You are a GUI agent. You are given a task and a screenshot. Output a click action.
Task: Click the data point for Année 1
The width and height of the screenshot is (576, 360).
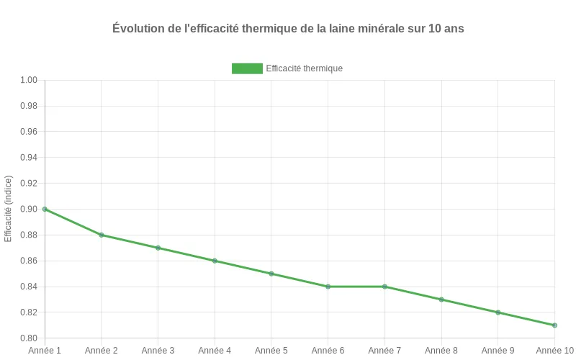click(45, 209)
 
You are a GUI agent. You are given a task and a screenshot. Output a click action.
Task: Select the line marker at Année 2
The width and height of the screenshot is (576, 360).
click(102, 235)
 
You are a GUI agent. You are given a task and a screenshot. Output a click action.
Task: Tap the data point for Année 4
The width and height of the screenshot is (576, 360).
click(215, 261)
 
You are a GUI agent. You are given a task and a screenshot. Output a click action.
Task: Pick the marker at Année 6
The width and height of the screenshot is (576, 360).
click(328, 287)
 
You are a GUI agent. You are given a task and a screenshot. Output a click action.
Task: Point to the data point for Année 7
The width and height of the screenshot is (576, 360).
click(384, 287)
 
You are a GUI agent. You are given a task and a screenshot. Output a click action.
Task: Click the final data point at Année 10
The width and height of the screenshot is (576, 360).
click(554, 325)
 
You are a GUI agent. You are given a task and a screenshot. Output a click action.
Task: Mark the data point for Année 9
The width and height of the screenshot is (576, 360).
click(498, 312)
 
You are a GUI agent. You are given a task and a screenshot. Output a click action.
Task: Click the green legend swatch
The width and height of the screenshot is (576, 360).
click(247, 68)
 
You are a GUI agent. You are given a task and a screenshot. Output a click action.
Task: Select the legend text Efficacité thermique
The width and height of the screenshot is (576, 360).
click(304, 68)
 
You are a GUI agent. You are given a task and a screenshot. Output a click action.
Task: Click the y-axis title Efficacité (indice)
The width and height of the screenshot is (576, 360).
click(9, 208)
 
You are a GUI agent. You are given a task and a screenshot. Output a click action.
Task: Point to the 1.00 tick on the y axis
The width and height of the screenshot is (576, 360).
click(28, 80)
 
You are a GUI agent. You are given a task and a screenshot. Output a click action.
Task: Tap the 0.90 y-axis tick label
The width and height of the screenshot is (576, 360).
click(28, 209)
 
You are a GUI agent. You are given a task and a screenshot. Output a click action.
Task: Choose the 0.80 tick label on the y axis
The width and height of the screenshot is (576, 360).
click(28, 338)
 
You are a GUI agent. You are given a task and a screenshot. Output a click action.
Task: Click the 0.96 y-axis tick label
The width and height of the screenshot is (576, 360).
click(28, 132)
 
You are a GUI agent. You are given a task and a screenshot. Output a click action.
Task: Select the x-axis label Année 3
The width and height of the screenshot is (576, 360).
click(158, 351)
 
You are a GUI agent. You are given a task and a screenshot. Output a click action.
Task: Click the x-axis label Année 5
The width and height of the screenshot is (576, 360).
click(271, 351)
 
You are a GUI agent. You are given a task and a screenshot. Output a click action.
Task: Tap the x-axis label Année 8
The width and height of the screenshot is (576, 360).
click(441, 351)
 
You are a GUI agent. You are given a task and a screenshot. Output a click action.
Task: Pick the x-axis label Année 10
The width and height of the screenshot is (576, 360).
click(554, 351)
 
